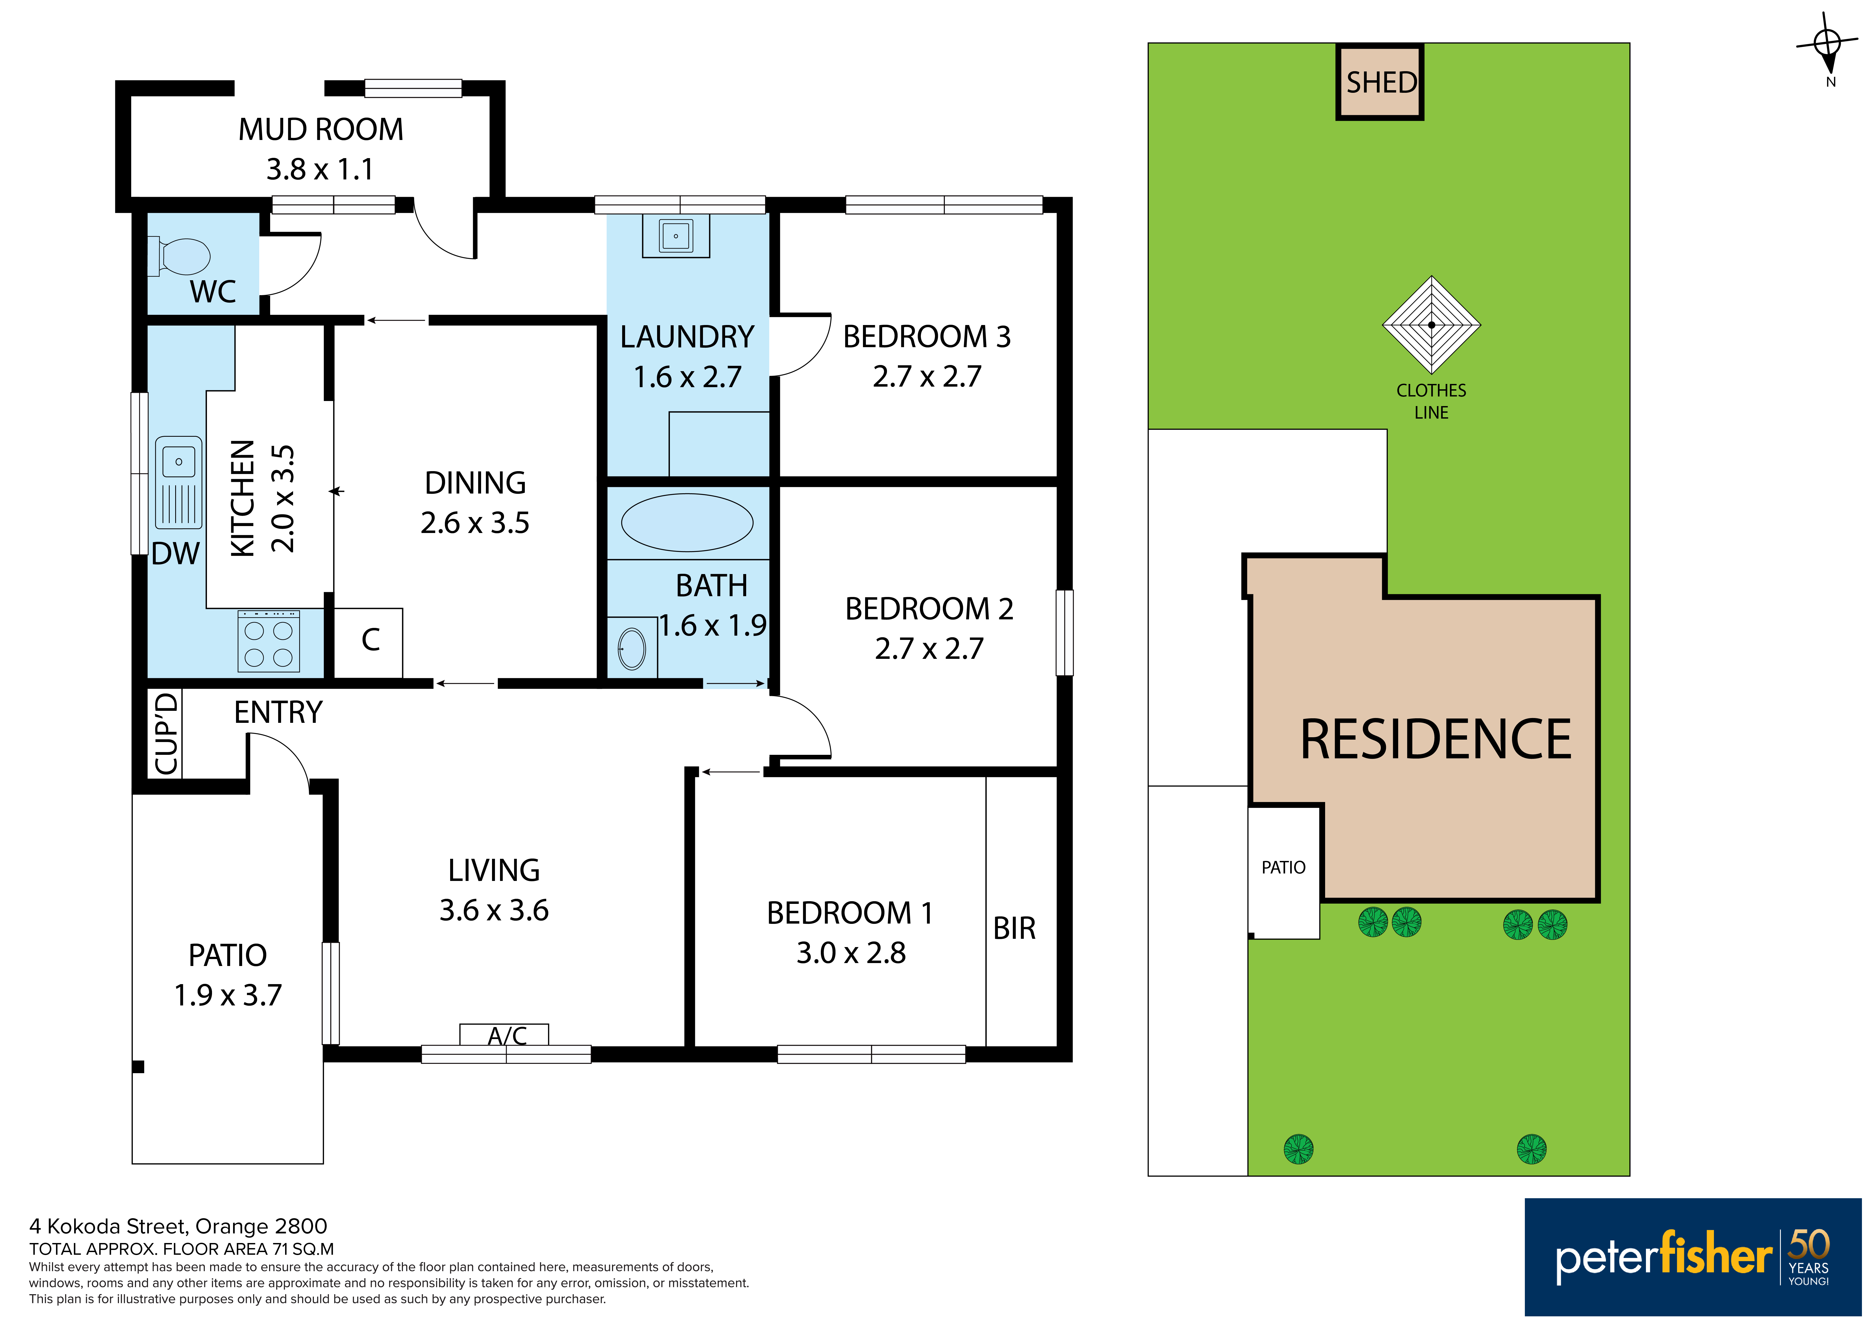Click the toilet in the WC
(x=179, y=256)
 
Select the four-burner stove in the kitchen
(x=269, y=641)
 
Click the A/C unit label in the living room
(x=507, y=1035)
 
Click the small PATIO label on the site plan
(x=1284, y=868)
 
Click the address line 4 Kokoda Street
(x=178, y=1226)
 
